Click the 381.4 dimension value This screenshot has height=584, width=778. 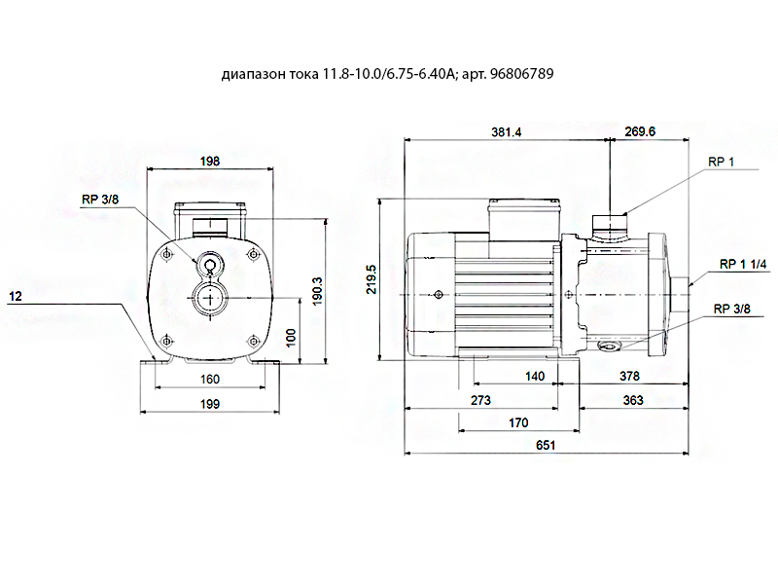pos(506,132)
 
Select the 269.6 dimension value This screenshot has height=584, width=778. pos(639,132)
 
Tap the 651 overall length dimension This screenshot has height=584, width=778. pos(547,445)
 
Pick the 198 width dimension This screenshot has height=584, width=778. pos(209,161)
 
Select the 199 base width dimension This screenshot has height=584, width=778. pos(210,404)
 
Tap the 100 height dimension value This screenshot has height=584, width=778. pos(292,335)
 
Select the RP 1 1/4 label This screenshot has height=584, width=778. pos(744,264)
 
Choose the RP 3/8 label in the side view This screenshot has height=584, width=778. pos(732,309)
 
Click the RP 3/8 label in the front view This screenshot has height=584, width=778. pos(100,200)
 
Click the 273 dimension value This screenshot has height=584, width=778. pos(480,400)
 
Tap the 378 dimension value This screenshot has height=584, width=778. pos(631,375)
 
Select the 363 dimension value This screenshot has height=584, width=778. pos(631,400)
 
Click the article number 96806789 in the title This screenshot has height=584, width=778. pos(522,74)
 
